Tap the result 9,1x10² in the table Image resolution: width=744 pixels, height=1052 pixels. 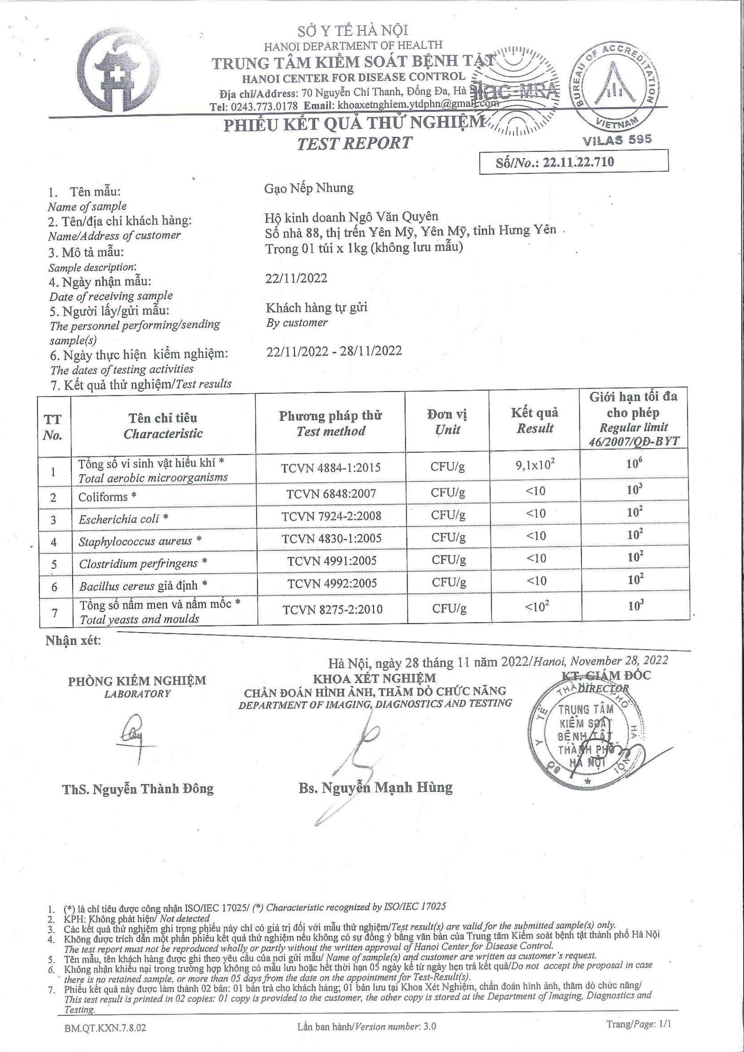point(535,466)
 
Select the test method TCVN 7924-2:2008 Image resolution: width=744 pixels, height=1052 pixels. point(331,516)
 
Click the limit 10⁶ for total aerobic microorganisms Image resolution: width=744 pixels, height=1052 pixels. point(633,464)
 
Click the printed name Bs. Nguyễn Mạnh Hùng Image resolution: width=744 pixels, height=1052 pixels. point(375,788)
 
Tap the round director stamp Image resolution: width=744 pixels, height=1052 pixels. point(586,733)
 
